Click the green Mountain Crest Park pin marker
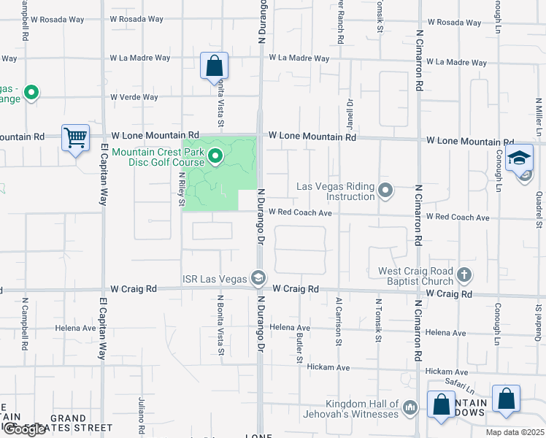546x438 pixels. (x=215, y=156)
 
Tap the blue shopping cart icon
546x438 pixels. (x=75, y=137)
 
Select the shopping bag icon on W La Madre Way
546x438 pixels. (x=214, y=66)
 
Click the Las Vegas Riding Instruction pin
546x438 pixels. (x=386, y=191)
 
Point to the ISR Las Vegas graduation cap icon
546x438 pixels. (x=258, y=277)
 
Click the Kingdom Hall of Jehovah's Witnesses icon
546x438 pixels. (x=410, y=407)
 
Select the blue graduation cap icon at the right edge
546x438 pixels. (x=519, y=158)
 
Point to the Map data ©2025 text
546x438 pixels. (x=515, y=432)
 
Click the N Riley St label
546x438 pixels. (x=181, y=188)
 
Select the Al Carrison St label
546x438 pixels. (x=338, y=321)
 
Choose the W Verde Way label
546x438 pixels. (x=134, y=97)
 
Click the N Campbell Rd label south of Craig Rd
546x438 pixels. (x=24, y=321)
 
